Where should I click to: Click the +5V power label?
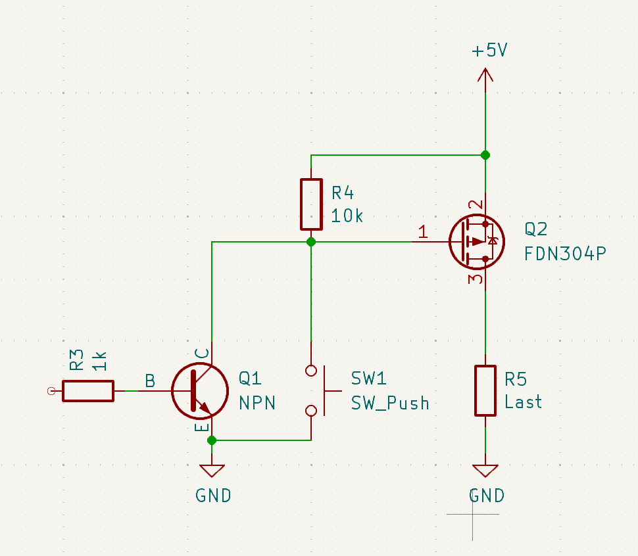click(x=489, y=51)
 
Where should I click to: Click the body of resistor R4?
click(x=311, y=204)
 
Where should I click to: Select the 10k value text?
click(x=347, y=216)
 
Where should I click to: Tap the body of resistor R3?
click(x=88, y=391)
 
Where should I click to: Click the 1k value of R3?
click(x=99, y=361)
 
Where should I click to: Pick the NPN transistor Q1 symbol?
click(x=200, y=390)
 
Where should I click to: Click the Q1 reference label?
click(x=250, y=379)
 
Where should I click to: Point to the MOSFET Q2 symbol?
click(x=477, y=241)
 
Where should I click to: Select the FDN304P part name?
click(x=565, y=254)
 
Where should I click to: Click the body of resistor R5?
click(x=485, y=390)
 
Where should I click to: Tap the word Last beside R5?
click(x=524, y=402)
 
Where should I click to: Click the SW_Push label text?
click(x=390, y=403)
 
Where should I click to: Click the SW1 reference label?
click(x=368, y=379)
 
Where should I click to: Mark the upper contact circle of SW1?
click(x=311, y=371)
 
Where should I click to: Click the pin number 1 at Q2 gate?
click(x=423, y=231)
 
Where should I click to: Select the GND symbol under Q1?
click(x=212, y=471)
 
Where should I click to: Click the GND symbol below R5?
click(x=485, y=471)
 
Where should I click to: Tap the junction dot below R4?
click(x=311, y=242)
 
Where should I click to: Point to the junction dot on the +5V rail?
click(x=485, y=155)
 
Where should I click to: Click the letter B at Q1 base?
click(x=150, y=381)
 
